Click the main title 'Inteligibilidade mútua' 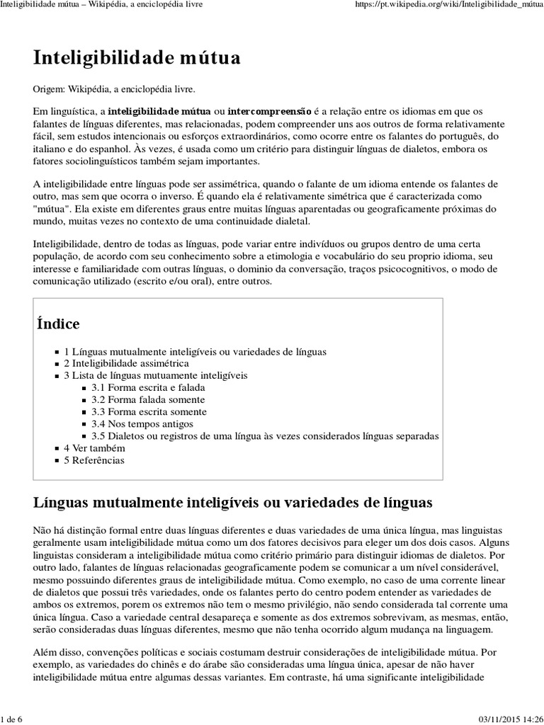point(137,58)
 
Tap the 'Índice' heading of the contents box point(58,324)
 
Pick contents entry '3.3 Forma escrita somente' point(149,411)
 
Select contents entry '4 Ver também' point(94,448)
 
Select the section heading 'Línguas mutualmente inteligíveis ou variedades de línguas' point(232,503)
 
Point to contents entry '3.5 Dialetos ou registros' point(265,435)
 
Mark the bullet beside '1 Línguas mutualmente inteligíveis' point(57,352)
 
